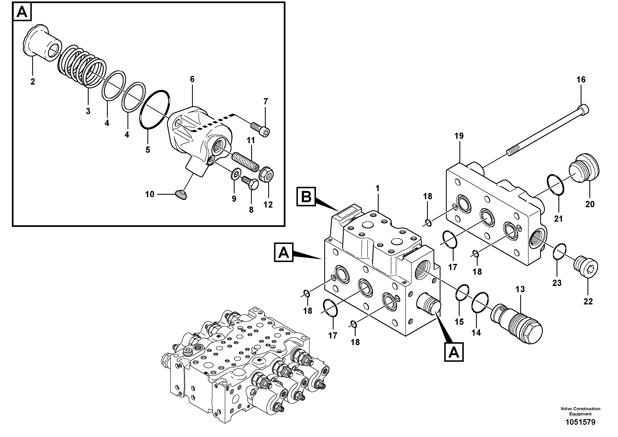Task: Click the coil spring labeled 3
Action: (81, 66)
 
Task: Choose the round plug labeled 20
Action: (584, 172)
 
